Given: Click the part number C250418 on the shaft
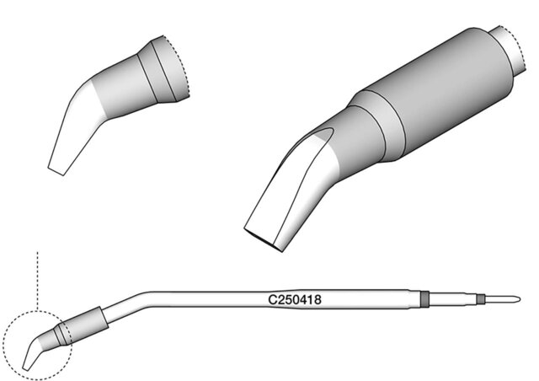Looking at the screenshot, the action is [x=295, y=300].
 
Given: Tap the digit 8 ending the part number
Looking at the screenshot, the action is [x=318, y=300].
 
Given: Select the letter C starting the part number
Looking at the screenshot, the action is [x=272, y=300].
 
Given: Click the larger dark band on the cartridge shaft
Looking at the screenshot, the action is [x=424, y=299].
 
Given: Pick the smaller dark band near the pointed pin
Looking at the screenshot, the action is [x=481, y=299].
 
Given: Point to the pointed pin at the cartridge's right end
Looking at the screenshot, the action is [x=502, y=299].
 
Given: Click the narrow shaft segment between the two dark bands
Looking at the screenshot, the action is [x=453, y=299].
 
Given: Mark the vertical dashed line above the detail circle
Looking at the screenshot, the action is [x=37, y=281].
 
